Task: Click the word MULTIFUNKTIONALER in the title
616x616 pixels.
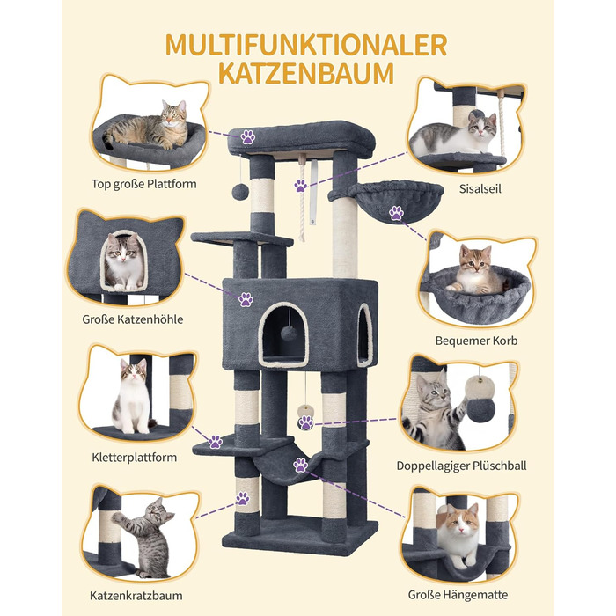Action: tap(306, 45)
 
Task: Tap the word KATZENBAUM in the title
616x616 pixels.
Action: tap(306, 73)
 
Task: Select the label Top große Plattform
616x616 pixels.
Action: tap(143, 184)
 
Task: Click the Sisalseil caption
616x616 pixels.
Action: tap(480, 189)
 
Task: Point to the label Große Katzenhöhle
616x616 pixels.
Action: tap(133, 319)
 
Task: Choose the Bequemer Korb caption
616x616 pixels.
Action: tap(476, 341)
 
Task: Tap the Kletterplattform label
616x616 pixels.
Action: tap(135, 458)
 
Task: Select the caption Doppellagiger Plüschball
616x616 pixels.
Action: tap(461, 466)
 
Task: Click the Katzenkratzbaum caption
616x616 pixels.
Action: tap(136, 596)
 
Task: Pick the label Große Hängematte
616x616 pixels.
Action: tap(458, 595)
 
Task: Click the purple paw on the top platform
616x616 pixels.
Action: tap(248, 137)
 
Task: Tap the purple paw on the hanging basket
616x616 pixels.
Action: tap(396, 213)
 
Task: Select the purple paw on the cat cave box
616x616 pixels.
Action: tap(246, 299)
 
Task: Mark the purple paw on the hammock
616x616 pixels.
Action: tap(301, 465)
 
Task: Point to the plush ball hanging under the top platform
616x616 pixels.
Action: tap(240, 191)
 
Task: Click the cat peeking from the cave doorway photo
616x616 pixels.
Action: tap(124, 261)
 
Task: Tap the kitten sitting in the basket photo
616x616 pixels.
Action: tap(477, 270)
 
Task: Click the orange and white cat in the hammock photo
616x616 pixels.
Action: tap(458, 534)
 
